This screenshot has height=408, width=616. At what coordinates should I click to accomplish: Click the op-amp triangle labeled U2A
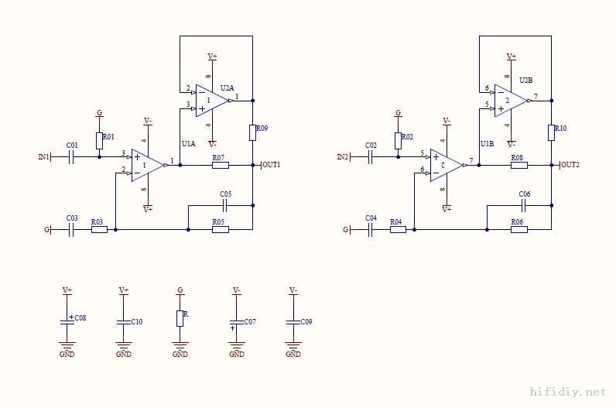point(210,100)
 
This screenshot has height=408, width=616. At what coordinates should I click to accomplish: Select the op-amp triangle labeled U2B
point(509,100)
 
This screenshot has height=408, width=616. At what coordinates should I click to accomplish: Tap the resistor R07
point(220,165)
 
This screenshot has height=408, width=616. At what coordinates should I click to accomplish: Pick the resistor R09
point(252,132)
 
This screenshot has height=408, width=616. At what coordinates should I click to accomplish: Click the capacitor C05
point(225,205)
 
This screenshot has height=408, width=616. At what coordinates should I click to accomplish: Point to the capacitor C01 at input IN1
point(71,157)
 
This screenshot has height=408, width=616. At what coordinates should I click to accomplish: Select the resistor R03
point(98,230)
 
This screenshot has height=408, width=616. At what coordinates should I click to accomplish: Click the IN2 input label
point(343,157)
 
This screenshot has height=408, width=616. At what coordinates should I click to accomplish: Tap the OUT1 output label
point(271,165)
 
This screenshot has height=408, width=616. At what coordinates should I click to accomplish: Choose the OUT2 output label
point(570,165)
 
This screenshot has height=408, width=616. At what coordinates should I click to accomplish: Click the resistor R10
point(551,132)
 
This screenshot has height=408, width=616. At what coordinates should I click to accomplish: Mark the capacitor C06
point(524,205)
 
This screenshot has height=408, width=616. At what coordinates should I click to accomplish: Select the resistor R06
point(518,230)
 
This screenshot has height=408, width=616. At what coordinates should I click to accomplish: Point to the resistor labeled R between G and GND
point(180,318)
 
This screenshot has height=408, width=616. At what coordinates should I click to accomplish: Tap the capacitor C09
point(293,321)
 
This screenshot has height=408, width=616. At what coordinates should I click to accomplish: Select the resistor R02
point(398,140)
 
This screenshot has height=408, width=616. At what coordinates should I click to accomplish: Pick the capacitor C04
point(370,230)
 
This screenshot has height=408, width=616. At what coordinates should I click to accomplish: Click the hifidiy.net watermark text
point(567,393)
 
